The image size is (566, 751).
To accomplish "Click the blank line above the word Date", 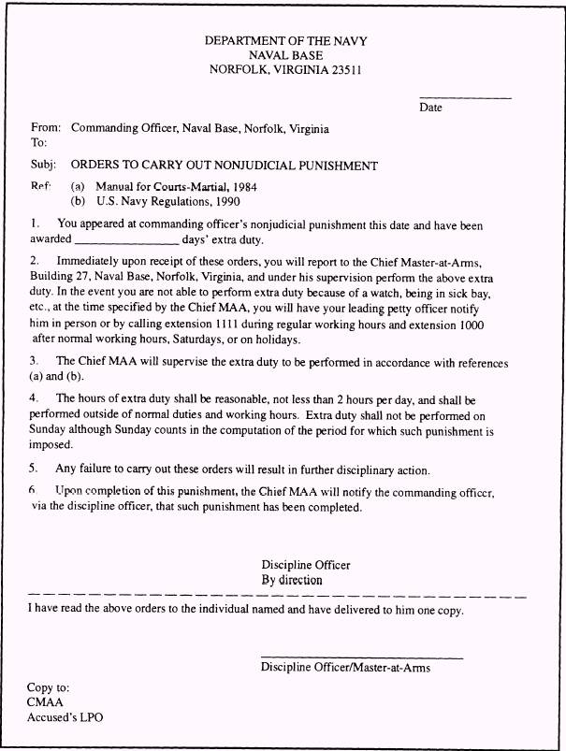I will (465, 98).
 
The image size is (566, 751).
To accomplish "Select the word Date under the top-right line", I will (431, 108).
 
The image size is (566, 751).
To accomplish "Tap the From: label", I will (46, 128).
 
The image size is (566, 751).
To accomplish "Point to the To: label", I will (38, 143).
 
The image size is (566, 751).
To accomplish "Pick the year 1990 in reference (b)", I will (238, 201).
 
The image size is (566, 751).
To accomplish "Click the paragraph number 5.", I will (34, 469).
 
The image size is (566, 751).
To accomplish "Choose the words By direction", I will (292, 580).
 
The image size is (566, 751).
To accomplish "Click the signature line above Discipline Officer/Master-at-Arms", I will (361, 657).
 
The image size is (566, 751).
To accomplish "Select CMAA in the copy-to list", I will (45, 701).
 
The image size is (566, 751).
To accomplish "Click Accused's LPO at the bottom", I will (65, 717).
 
